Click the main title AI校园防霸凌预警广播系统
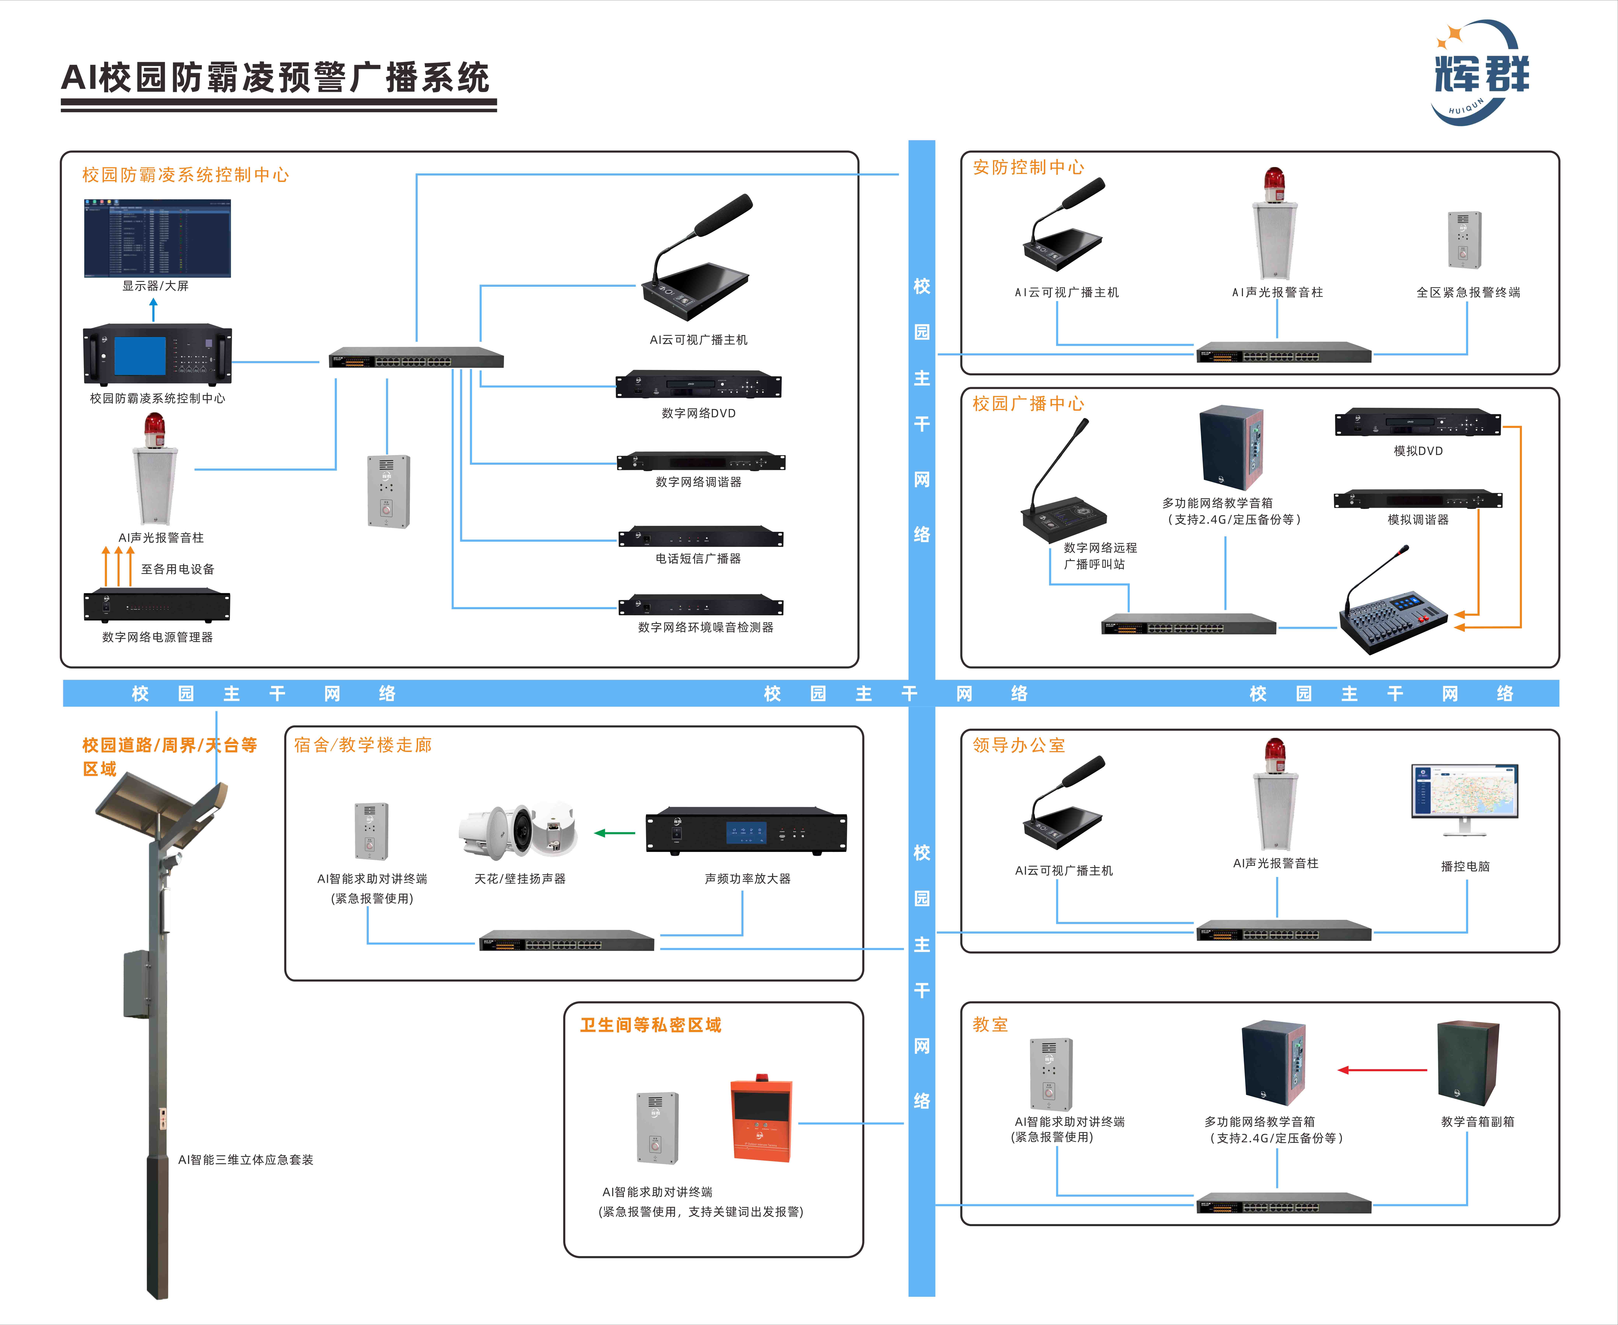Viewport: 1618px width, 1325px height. coord(275,78)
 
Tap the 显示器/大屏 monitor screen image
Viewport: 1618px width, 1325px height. coord(157,238)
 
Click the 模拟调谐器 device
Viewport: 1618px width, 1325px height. coord(1417,499)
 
